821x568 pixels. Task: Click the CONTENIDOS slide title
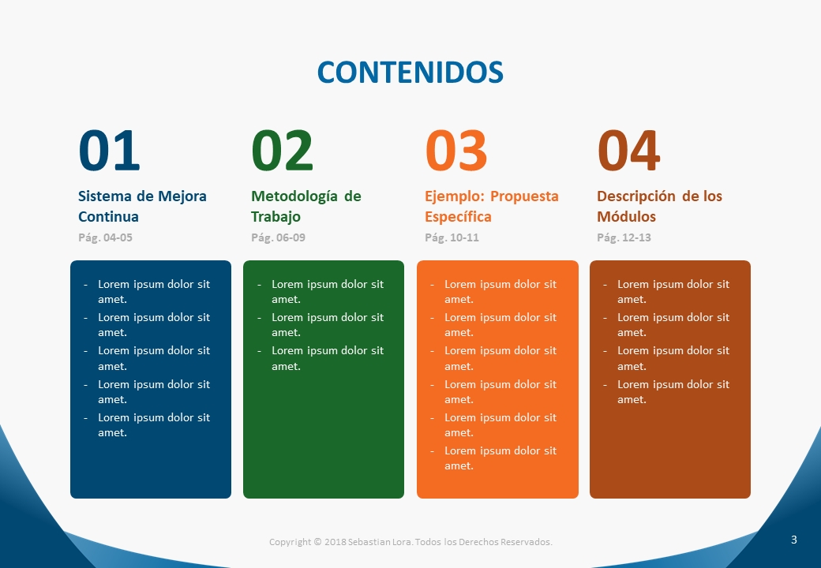point(410,72)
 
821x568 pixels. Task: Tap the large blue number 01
point(109,151)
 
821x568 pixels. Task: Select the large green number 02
point(283,151)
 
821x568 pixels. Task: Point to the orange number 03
point(456,151)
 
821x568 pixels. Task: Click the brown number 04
point(628,151)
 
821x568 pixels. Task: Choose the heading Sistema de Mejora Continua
point(142,206)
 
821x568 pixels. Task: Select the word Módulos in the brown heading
point(626,216)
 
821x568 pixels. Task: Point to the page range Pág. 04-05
point(105,237)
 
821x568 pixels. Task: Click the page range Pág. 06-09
point(278,237)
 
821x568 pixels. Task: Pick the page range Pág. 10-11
point(452,237)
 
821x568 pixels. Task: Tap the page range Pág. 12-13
point(624,237)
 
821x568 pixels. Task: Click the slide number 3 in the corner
point(794,540)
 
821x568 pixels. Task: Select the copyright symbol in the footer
point(317,542)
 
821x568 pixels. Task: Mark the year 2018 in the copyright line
point(335,542)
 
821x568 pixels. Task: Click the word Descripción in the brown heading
point(636,196)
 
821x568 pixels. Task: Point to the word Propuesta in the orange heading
point(525,196)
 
